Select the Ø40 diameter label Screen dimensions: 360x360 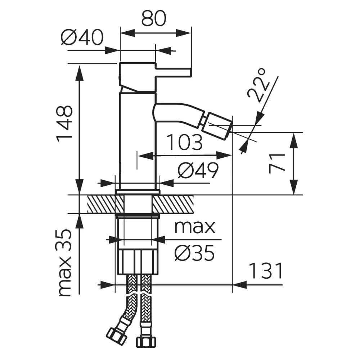pyautogui.click(x=82, y=37)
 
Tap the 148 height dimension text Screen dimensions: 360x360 pyautogui.click(x=65, y=123)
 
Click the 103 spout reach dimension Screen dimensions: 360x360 pyautogui.click(x=185, y=143)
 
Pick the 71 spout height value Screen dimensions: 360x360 pyautogui.click(x=278, y=163)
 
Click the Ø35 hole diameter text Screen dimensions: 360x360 pyautogui.click(x=194, y=253)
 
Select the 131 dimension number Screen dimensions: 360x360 pyautogui.click(x=266, y=271)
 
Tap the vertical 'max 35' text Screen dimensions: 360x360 pyautogui.click(x=65, y=262)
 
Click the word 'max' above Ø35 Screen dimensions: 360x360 pyautogui.click(x=195, y=227)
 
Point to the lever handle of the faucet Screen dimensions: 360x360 pyautogui.click(x=173, y=72)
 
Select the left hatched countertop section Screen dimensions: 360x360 pyautogui.click(x=101, y=204)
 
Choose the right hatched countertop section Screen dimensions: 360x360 pyautogui.click(x=173, y=204)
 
